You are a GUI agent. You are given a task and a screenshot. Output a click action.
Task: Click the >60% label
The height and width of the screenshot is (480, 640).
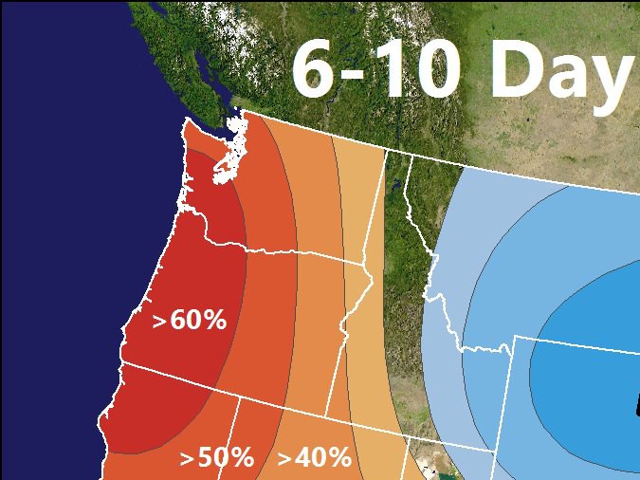point(190,321)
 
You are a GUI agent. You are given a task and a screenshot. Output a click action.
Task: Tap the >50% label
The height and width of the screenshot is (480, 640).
point(217,458)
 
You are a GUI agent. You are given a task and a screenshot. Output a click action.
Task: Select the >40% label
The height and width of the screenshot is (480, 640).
point(314,458)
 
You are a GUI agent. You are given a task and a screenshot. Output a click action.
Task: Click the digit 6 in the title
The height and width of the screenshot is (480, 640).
point(318,70)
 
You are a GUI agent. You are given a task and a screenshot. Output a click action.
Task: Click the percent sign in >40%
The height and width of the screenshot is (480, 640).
point(338,458)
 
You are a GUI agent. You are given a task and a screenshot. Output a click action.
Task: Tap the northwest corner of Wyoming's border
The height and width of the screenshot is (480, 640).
point(515,336)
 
